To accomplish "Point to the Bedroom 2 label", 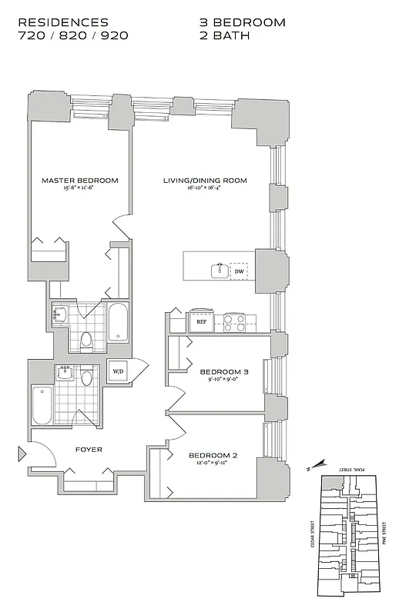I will [x=213, y=455].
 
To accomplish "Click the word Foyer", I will [x=89, y=449].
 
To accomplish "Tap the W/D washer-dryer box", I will [x=118, y=371].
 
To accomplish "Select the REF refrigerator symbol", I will [x=201, y=322].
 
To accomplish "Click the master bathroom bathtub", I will [x=118, y=324].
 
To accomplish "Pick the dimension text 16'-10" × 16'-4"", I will [x=205, y=189].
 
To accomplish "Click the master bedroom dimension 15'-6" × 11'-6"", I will [x=80, y=189].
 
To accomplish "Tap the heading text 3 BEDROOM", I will [x=242, y=22].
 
